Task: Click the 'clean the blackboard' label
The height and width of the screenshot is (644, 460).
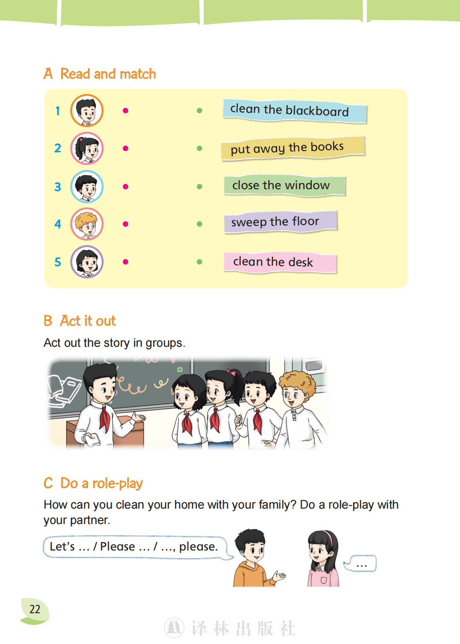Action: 295,111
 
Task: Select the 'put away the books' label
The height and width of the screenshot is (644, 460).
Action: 293,148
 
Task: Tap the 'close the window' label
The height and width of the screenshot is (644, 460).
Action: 284,185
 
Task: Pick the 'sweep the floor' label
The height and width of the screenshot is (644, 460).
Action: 280,222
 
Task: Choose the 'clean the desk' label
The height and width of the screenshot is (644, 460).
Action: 280,262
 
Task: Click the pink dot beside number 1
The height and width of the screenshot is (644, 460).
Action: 125,111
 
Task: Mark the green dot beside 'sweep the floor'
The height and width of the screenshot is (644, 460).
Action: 199,224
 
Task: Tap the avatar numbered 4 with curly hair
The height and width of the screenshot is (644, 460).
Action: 87,224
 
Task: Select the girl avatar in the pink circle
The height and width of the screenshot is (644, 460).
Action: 87,148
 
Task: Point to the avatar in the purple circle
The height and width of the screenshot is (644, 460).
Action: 87,262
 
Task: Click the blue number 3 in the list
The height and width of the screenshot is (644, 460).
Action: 58,187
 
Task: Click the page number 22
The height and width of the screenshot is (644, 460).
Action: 35,609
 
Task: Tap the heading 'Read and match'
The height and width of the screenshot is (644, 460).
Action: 108,74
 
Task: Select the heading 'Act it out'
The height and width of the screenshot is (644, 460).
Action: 88,321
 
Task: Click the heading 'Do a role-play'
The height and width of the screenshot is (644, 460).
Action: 102,483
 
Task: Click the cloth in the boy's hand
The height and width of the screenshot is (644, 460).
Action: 92,439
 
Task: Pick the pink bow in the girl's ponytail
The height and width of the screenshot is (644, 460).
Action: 231,372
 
